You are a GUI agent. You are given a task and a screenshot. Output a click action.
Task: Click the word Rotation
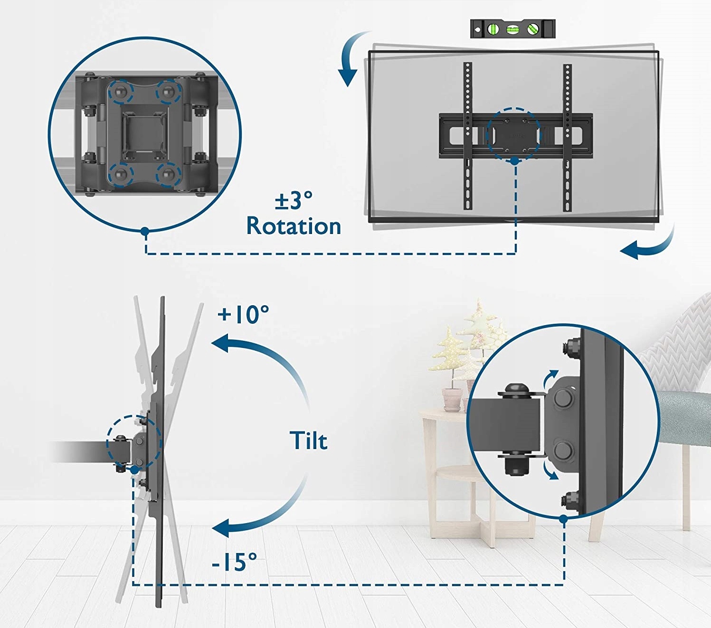tap(294, 226)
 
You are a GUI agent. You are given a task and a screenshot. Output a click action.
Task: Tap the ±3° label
tap(294, 200)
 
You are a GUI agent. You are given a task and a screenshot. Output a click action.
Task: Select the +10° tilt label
tap(243, 314)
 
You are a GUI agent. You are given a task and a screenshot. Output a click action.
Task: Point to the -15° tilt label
tap(234, 562)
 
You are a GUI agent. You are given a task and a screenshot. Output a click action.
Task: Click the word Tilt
tap(309, 441)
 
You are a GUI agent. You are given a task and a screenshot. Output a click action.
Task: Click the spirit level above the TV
tap(512, 29)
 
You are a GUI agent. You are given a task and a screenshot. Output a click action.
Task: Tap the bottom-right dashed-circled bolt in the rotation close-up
tap(168, 175)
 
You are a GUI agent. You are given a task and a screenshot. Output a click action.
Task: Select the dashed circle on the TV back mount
tap(513, 135)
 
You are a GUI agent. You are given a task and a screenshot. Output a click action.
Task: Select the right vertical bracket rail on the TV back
tap(567, 138)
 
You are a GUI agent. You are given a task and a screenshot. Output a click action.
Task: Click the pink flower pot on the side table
tap(452, 399)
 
